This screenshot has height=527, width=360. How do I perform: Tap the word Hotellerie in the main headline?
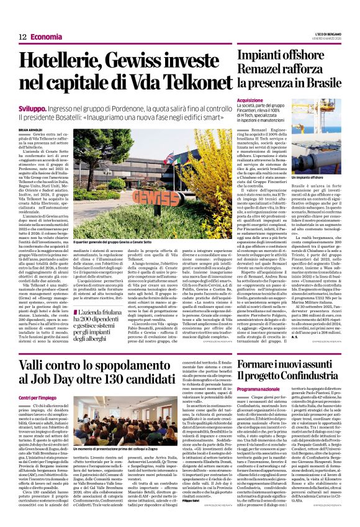click(58, 61)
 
